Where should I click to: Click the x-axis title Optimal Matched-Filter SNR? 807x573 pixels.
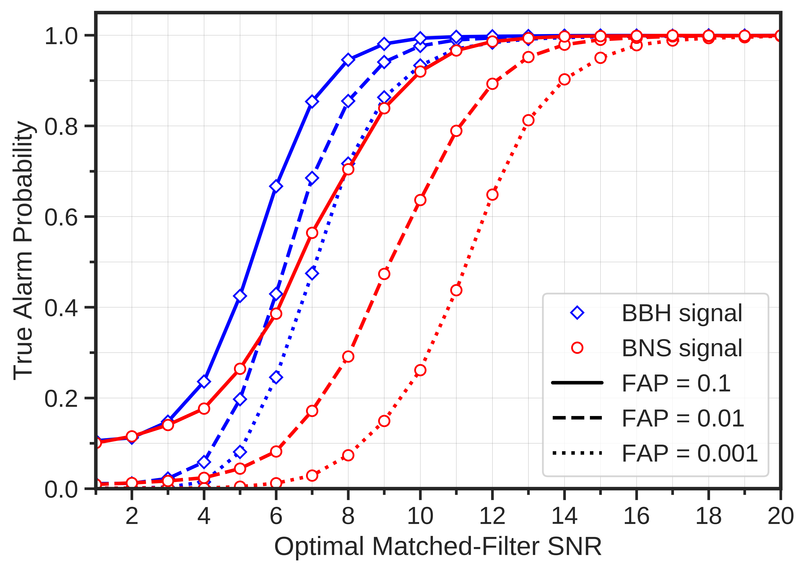(438, 547)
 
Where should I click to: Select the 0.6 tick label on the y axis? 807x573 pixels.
(61, 217)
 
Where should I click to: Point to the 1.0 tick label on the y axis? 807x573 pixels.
(61, 36)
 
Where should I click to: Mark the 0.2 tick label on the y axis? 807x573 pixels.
(61, 398)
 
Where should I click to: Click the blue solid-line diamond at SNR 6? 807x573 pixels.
(276, 186)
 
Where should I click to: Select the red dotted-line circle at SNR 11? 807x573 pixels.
(456, 290)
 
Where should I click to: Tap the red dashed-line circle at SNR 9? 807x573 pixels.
(384, 274)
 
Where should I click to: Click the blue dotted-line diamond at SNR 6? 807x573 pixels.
(276, 377)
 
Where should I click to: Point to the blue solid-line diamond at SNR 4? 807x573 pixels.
(204, 381)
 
